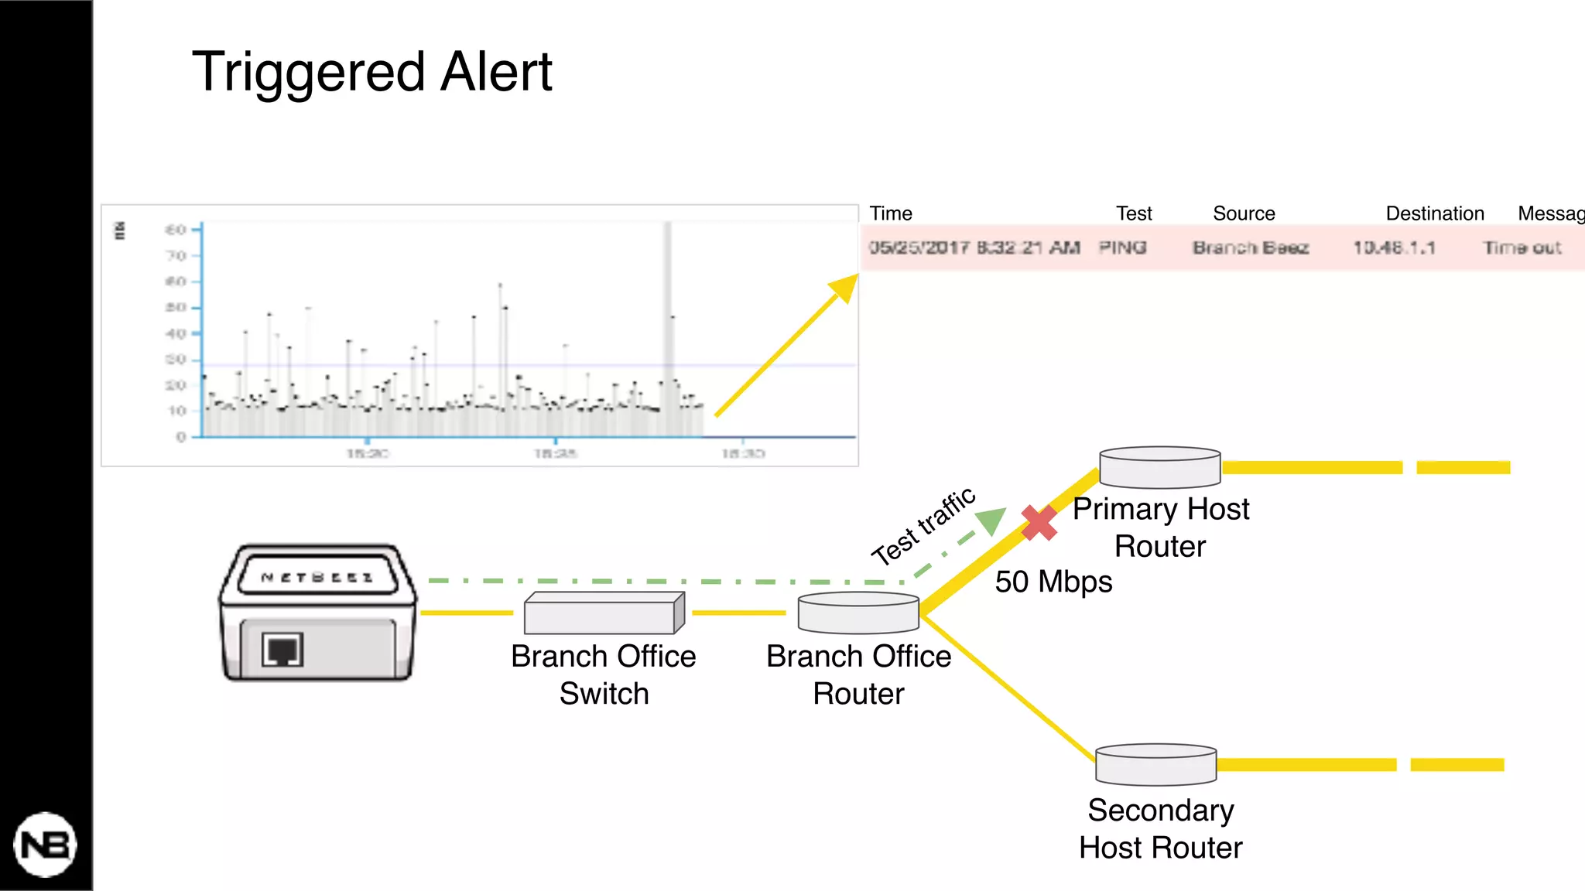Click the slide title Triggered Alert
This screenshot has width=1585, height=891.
click(371, 71)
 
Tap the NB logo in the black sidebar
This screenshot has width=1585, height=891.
click(46, 845)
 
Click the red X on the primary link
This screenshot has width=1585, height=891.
click(1039, 523)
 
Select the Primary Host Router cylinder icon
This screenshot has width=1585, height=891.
click(1159, 467)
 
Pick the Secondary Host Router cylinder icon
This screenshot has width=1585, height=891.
click(1155, 764)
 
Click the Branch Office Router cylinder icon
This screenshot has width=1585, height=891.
click(858, 613)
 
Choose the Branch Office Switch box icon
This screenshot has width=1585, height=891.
click(604, 613)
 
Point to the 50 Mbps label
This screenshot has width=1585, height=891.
click(1053, 582)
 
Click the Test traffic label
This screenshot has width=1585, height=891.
click(923, 527)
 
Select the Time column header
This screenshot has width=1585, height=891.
click(891, 213)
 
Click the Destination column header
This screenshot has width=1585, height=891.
click(1434, 213)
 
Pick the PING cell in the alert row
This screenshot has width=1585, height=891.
click(1122, 247)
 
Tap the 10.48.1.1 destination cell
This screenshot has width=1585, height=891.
click(1394, 247)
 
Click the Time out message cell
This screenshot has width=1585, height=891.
click(1522, 247)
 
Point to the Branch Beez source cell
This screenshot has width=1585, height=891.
click(1250, 247)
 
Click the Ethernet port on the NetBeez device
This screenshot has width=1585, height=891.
click(282, 650)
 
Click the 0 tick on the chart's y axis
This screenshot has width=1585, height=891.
click(181, 437)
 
